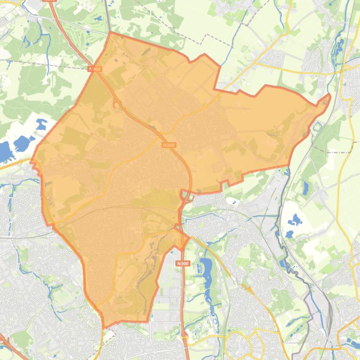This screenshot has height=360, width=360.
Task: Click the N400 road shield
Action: tap(94, 69)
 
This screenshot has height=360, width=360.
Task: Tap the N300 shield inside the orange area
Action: tap(169, 145)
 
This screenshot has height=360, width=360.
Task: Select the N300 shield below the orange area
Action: tap(183, 264)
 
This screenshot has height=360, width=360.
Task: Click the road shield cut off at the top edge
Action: tap(49, 1)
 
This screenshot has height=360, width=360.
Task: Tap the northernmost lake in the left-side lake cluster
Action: tap(41, 124)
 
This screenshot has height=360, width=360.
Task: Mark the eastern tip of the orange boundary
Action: tap(330, 96)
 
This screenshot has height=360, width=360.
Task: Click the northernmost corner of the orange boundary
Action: tap(110, 33)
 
